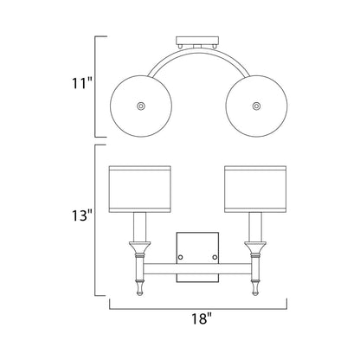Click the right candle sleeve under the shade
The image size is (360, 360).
(254, 228)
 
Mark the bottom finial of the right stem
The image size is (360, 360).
(254, 288)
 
